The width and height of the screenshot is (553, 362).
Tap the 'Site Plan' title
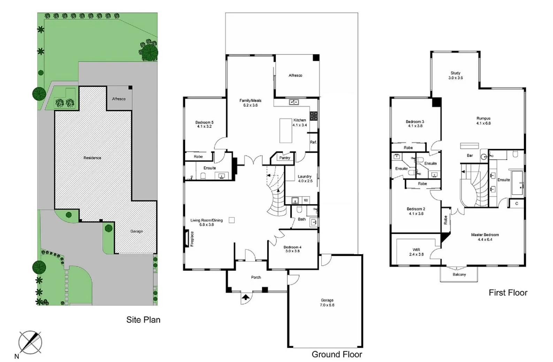click(x=143, y=320)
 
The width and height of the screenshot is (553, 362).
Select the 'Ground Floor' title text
click(x=337, y=354)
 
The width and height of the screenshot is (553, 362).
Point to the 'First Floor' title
click(x=508, y=293)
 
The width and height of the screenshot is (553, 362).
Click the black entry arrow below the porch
click(x=246, y=297)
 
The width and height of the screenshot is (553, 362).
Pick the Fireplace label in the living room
click(x=192, y=239)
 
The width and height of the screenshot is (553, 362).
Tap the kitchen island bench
click(x=286, y=130)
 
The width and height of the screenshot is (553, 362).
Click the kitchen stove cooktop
click(x=314, y=115)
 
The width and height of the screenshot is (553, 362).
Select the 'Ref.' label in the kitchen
click(x=313, y=142)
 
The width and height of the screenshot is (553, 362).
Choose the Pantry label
click(x=285, y=158)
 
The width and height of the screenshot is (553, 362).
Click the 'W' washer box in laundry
click(x=306, y=200)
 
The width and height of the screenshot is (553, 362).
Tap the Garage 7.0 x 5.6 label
click(x=327, y=302)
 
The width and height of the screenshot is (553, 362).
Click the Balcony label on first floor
click(x=459, y=274)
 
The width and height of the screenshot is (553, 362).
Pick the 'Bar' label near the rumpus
click(x=470, y=156)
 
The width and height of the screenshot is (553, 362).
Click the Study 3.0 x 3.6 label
click(x=455, y=75)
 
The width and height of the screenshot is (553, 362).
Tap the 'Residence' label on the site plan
click(x=92, y=158)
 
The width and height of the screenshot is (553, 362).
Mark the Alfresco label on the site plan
click(x=119, y=99)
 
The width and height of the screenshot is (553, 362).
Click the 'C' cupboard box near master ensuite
click(x=516, y=203)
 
